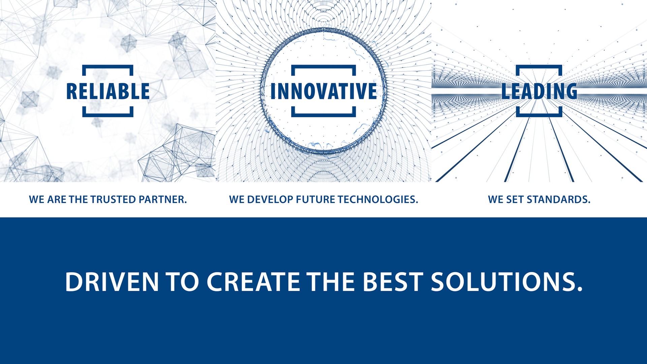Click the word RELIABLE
pos(108,91)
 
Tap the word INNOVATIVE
pos(323,91)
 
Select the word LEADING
pos(539,91)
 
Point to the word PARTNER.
pos(162,200)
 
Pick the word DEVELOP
pos(270,200)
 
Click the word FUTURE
pos(315,200)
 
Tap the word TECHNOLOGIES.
pos(378,200)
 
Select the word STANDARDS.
pos(558,200)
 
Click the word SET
pos(515,200)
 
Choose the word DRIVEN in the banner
pos(112,282)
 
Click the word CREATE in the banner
pos(253,282)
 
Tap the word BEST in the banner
pos(393,282)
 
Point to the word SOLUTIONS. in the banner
pos(507,282)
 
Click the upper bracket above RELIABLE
pos(108,67)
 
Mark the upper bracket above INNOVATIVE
pos(323,67)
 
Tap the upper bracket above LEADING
pos(539,67)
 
